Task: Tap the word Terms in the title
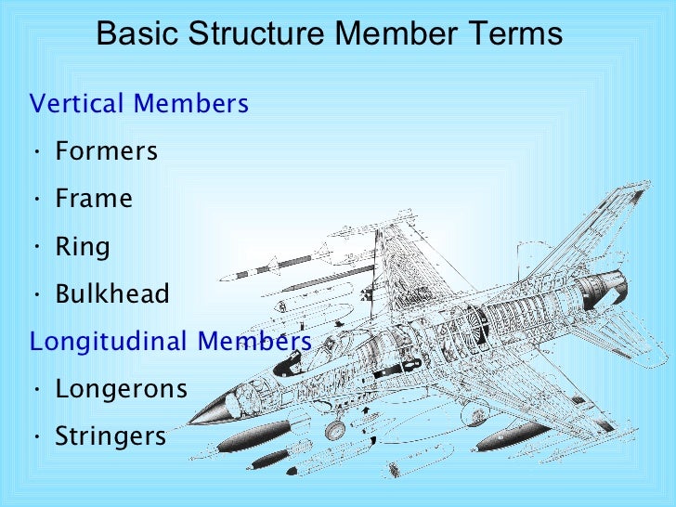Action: point(518,33)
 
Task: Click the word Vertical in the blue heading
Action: point(77,103)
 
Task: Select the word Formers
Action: point(107,150)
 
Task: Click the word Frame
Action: point(94,199)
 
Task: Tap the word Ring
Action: point(83,247)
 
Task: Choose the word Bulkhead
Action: point(112,294)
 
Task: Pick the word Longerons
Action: point(122,388)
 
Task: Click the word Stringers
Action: point(110,435)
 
